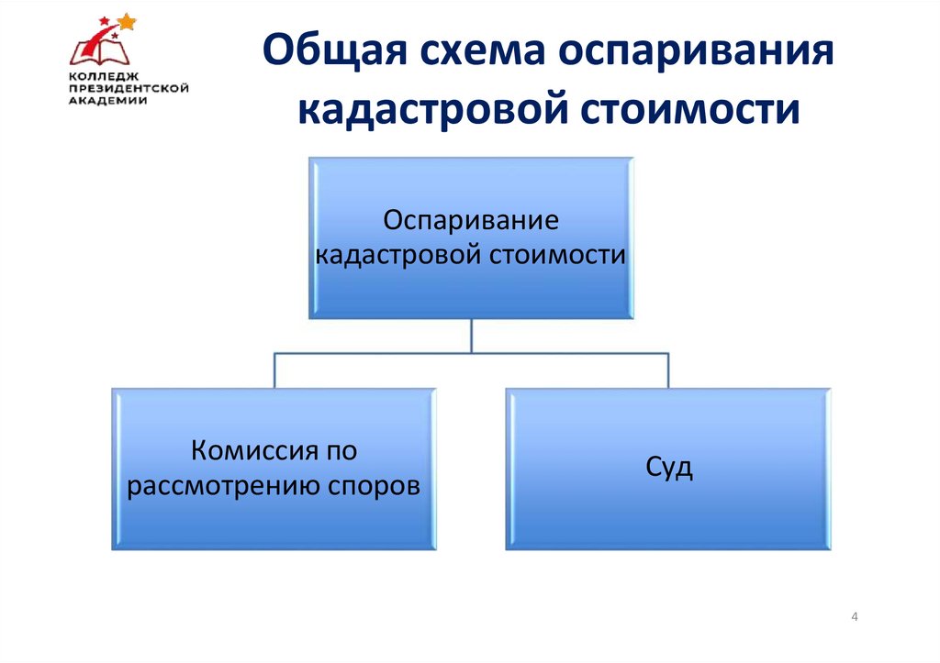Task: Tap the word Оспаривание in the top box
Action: click(471, 221)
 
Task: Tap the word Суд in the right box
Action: click(668, 469)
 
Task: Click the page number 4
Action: click(855, 616)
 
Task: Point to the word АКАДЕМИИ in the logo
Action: click(107, 101)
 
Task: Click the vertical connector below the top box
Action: click(471, 336)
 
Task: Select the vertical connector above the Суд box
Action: click(668, 370)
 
